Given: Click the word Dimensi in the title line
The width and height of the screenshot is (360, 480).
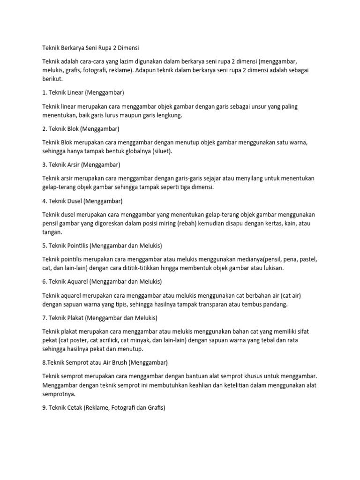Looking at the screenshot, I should [x=127, y=48].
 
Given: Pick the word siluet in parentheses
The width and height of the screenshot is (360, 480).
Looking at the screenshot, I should [x=160, y=151].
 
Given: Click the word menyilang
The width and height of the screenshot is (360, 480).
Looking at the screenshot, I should [x=252, y=178].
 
